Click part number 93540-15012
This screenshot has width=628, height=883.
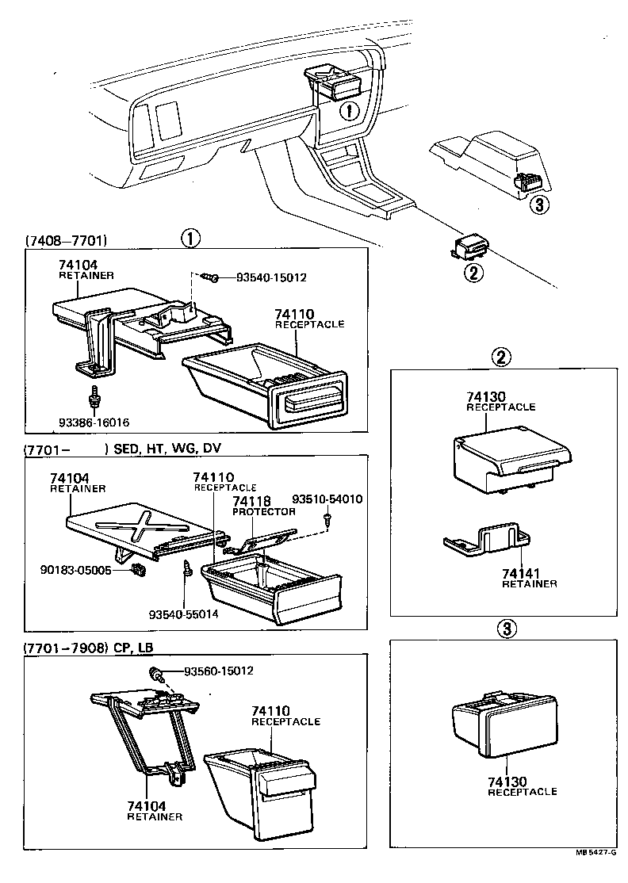(271, 277)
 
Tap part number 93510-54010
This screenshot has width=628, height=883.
(327, 499)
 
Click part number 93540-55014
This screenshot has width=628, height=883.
(183, 614)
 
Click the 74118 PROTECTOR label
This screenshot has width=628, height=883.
(263, 506)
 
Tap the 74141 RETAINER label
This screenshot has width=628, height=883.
(529, 578)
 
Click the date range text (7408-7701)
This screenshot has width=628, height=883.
(66, 239)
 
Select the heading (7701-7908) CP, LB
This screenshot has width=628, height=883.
(88, 648)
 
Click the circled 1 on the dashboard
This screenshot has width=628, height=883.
(347, 111)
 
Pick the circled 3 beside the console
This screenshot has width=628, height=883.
(538, 205)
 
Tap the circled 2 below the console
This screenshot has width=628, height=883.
(473, 273)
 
